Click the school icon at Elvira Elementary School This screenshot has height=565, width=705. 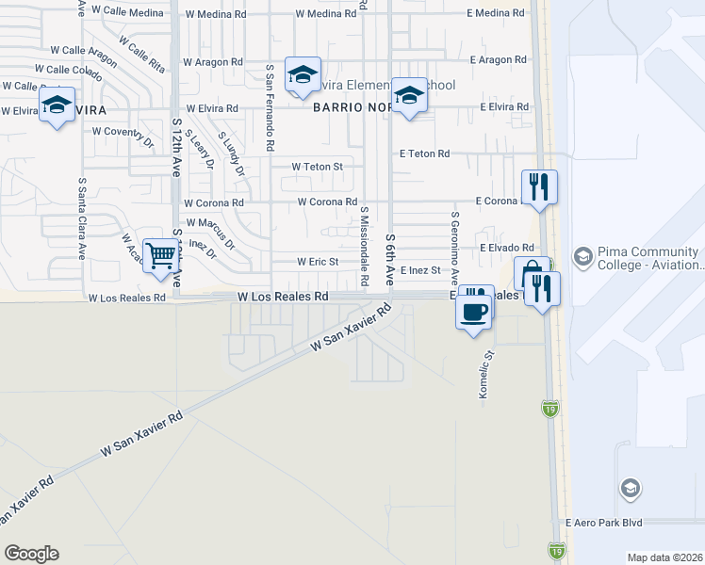tap(303, 74)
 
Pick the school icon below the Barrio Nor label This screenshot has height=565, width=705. tap(409, 95)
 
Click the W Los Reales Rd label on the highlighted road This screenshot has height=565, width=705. tap(283, 297)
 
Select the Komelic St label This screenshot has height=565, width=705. tap(485, 376)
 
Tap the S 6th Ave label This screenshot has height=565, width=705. tap(390, 261)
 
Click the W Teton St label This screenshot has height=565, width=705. tap(317, 167)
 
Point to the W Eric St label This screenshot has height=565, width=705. tap(318, 262)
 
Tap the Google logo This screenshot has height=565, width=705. tap(31, 554)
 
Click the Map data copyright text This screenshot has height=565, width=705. tap(664, 557)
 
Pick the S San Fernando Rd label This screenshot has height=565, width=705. tap(270, 107)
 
